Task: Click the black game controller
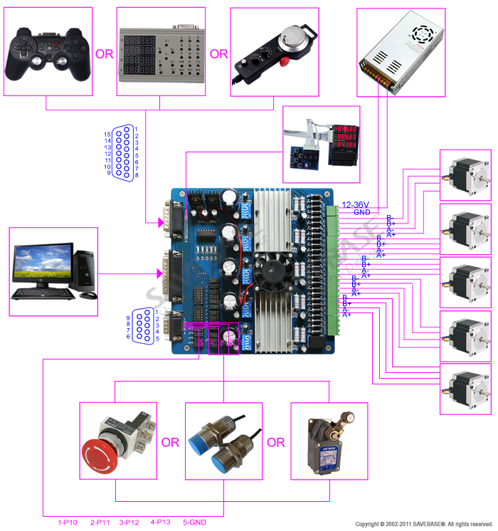tap(48, 53)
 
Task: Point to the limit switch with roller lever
tap(329, 442)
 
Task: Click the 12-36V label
tap(356, 204)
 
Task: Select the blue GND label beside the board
tap(361, 212)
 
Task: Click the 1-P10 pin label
tap(68, 522)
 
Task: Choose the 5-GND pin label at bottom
tap(194, 522)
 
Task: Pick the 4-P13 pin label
tap(161, 522)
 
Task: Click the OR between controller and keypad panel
tap(104, 53)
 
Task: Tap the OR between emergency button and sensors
tap(170, 443)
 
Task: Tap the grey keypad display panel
tap(160, 52)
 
